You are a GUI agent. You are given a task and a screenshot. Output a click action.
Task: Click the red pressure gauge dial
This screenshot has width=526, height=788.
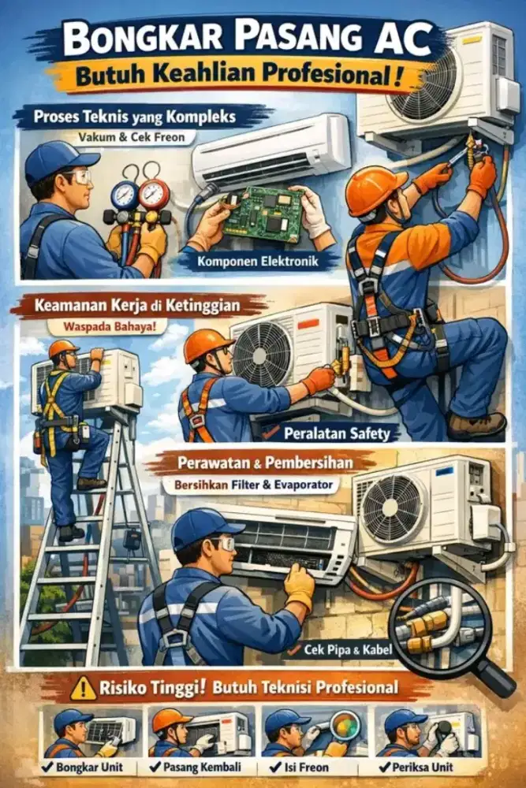tap(152, 193)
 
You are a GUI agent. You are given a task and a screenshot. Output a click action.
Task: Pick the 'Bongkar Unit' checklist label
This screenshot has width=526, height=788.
tap(88, 767)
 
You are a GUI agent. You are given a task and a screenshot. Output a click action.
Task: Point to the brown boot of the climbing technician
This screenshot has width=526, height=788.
tap(476, 426)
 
